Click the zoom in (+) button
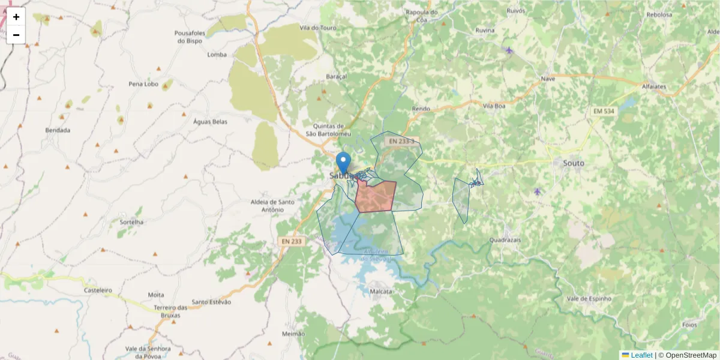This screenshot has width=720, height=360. point(16,17)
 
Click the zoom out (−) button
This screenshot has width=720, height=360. point(16,35)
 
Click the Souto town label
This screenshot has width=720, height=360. point(573,163)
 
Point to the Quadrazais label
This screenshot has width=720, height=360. point(505,239)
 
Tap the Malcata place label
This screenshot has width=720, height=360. point(382,292)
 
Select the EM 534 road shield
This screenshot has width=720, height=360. point(604,112)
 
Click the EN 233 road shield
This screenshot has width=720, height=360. point(292,241)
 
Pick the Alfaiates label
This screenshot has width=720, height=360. point(653,86)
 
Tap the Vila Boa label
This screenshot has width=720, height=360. point(494,106)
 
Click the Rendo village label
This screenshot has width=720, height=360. point(421,109)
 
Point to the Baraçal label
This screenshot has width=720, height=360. point(336,77)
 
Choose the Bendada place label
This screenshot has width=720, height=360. point(58,130)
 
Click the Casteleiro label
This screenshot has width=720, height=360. point(98,290)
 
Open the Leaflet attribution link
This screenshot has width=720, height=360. point(641,355)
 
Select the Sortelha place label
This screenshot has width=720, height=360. point(131,222)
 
